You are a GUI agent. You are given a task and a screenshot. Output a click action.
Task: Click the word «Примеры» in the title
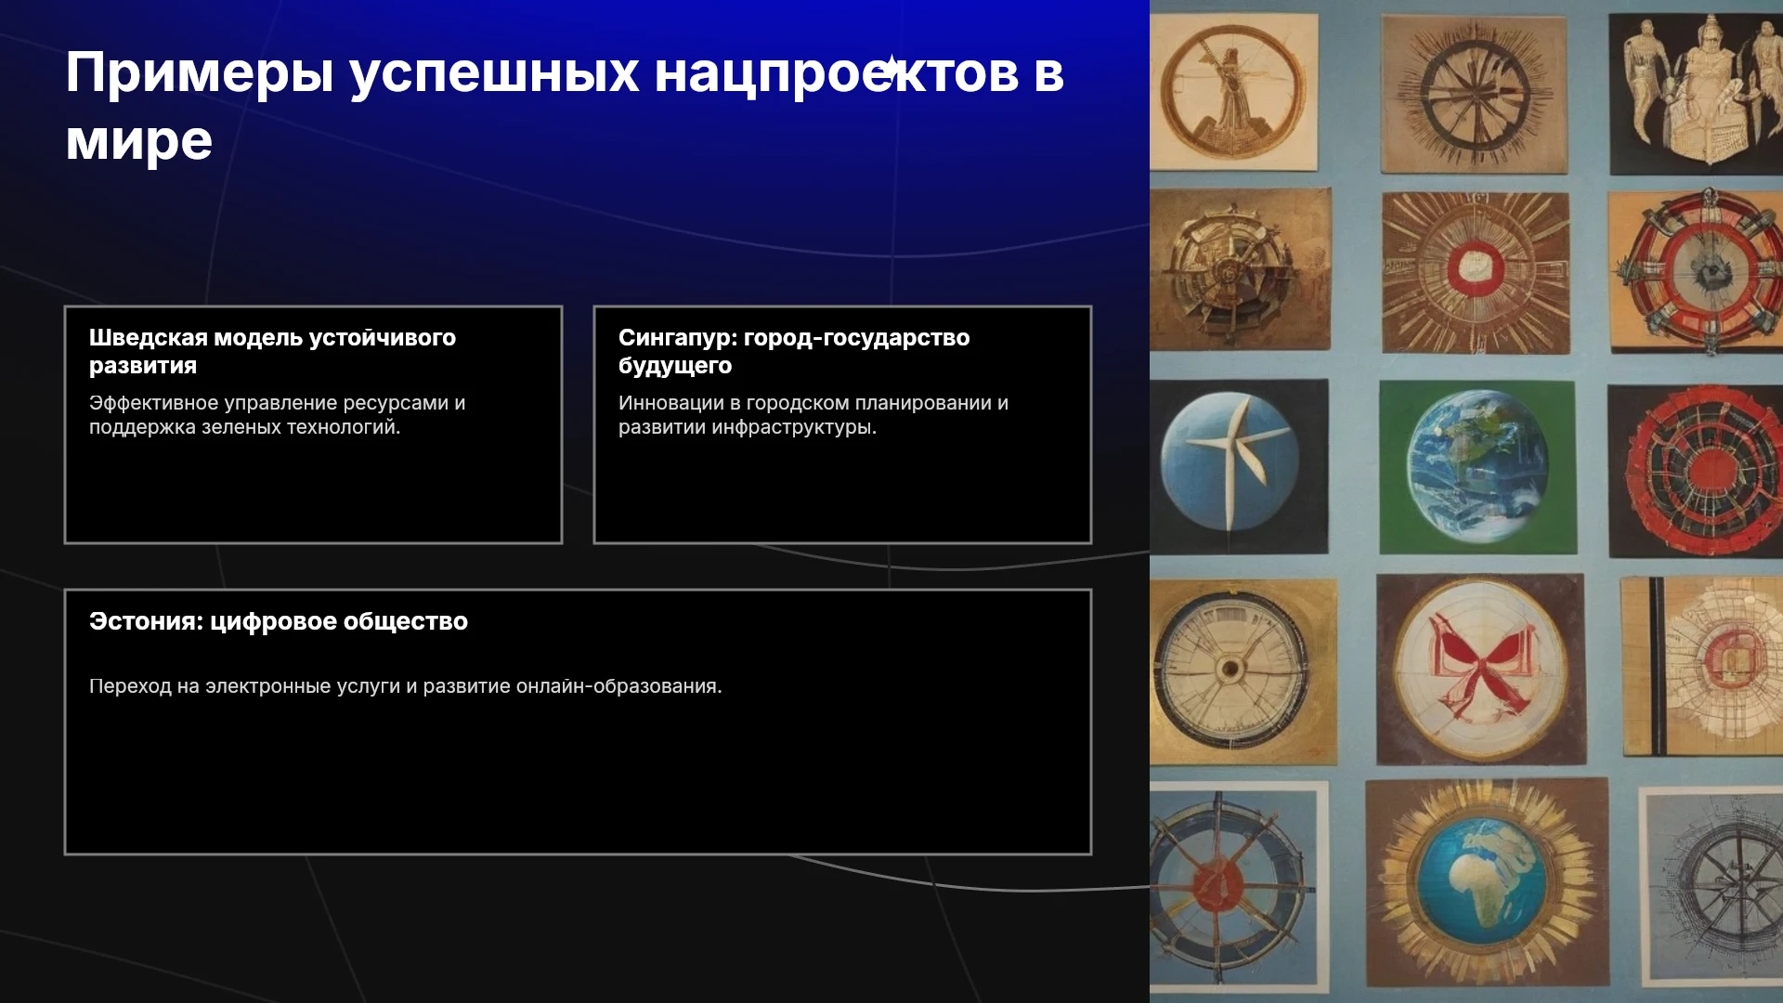pyautogui.click(x=200, y=74)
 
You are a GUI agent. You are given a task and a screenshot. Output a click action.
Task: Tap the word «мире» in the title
pyautogui.click(x=139, y=142)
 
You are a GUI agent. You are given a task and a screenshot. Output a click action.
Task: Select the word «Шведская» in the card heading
pyautogui.click(x=149, y=337)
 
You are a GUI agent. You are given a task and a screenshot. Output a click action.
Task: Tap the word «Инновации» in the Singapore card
pyautogui.click(x=670, y=403)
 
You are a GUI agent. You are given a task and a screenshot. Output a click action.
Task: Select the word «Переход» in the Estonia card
pyautogui.click(x=130, y=686)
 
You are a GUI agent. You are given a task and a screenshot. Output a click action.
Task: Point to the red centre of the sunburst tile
pyautogui.click(x=1476, y=267)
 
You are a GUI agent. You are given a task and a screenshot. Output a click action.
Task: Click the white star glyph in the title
pyautogui.click(x=891, y=69)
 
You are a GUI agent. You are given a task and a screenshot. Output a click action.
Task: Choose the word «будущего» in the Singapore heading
pyautogui.click(x=675, y=366)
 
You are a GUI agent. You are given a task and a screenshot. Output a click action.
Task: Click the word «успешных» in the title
pyautogui.click(x=494, y=74)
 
